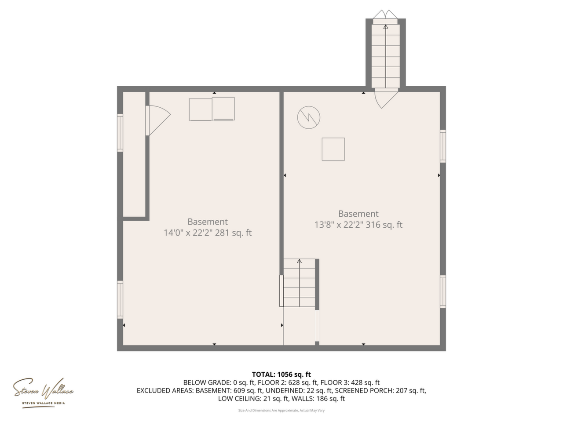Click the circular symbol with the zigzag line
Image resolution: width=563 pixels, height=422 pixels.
coord(309,118)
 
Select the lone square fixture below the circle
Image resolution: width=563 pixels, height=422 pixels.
coord(333,149)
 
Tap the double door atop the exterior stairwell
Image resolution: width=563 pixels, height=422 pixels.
coord(385,15)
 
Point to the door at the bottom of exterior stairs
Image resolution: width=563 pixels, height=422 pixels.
coord(386,98)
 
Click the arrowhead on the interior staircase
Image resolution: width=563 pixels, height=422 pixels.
coord(300,261)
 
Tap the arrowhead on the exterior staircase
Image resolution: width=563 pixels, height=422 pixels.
coord(386,27)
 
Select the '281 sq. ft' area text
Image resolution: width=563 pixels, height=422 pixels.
coord(233,233)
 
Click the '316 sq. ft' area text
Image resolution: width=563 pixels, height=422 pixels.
coord(384,225)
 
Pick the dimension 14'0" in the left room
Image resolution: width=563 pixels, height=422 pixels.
coord(173,233)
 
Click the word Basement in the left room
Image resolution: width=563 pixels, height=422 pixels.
coord(208,222)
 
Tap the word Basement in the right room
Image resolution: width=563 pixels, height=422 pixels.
coord(358,214)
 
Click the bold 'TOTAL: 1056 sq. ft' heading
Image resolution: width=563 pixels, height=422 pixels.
coord(281,375)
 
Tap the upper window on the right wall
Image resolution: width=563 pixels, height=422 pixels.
coord(443,146)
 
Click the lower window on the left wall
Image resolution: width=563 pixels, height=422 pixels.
coord(120,299)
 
